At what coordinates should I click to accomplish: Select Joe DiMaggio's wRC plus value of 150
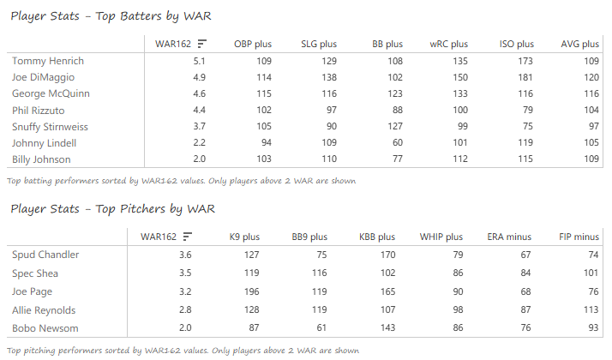pos(459,77)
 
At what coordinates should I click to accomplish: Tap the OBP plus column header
pos(252,44)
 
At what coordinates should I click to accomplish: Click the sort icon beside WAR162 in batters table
pos(201,44)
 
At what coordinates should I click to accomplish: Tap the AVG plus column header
pos(579,44)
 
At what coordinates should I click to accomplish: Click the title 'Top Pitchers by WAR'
pos(111,208)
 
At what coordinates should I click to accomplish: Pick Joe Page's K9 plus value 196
pos(250,291)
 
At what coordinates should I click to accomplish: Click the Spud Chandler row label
pos(45,255)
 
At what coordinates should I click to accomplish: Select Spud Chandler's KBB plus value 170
pos(387,255)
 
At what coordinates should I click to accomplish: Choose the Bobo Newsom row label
pos(45,328)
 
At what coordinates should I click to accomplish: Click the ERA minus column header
pos(509,237)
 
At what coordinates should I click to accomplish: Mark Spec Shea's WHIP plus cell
pos(458,273)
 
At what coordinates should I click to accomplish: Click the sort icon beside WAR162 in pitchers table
pos(187,237)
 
